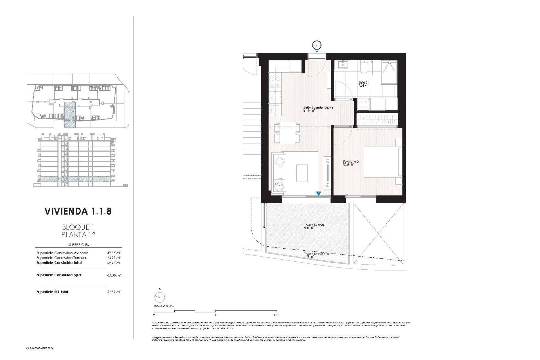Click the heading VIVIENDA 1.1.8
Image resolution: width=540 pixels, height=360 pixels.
pyautogui.click(x=78, y=211)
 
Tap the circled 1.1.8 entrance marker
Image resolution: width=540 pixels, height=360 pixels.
pyautogui.click(x=317, y=45)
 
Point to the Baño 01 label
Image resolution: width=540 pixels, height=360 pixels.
pyautogui.click(x=363, y=84)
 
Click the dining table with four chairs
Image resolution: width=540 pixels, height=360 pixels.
pyautogui.click(x=287, y=133)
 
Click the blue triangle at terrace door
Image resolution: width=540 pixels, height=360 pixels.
pyautogui.click(x=318, y=193)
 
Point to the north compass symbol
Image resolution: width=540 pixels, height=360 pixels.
pyautogui.click(x=159, y=296)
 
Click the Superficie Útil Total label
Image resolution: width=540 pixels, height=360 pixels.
pyautogui.click(x=52, y=292)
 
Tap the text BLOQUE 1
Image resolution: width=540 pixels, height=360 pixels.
pyautogui.click(x=76, y=227)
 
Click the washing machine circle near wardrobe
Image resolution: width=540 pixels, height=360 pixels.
pyautogui.click(x=363, y=104)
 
